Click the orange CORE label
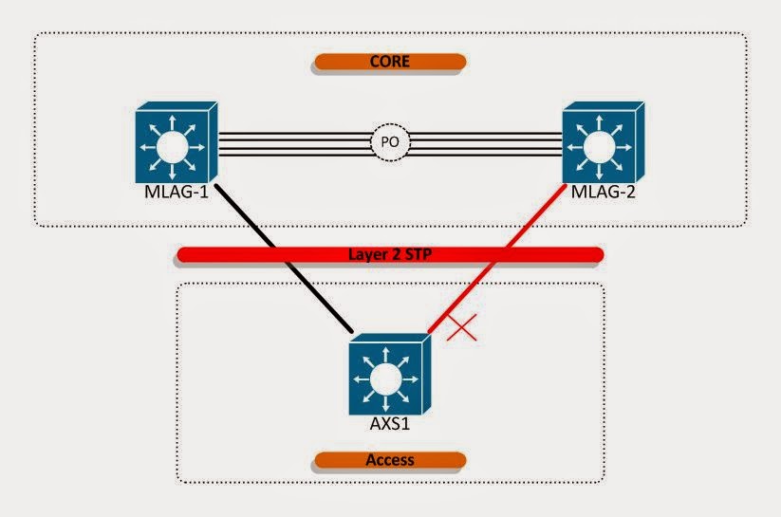tap(390, 62)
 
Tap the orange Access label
tap(390, 460)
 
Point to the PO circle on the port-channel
tap(390, 144)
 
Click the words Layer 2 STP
tap(390, 254)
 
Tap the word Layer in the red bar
tap(363, 254)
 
